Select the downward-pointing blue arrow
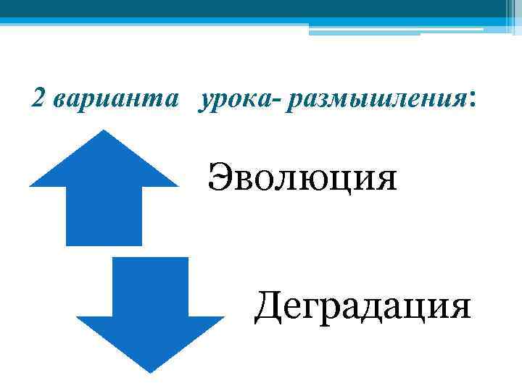click(151, 311)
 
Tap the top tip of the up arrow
click(104, 131)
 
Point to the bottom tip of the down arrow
click(150, 371)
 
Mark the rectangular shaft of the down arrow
click(151, 286)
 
